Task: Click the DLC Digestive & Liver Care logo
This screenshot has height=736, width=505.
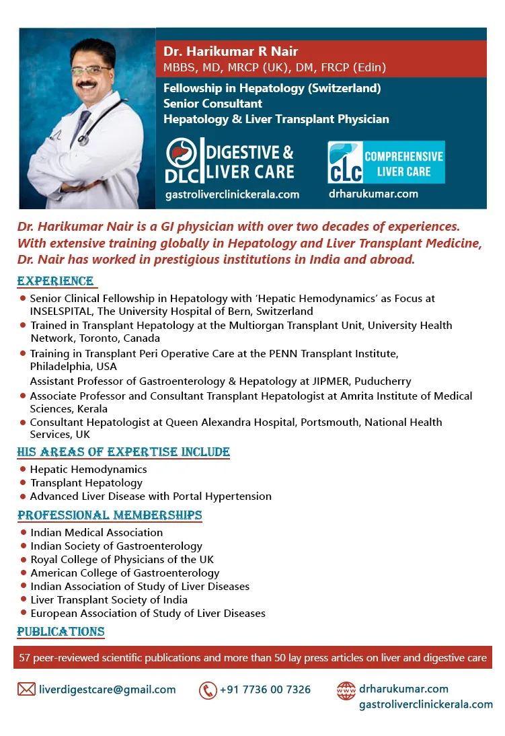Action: click(x=230, y=161)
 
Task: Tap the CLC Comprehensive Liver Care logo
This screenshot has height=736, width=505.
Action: click(x=386, y=162)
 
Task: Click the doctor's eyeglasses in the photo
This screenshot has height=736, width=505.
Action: click(x=90, y=71)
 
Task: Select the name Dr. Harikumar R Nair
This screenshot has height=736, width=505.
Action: click(x=231, y=52)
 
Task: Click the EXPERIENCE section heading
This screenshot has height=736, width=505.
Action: click(x=56, y=281)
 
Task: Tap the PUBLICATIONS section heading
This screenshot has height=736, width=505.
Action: click(x=61, y=632)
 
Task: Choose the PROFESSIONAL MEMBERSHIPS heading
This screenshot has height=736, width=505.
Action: click(x=110, y=515)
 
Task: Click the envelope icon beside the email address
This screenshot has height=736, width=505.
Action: click(x=26, y=689)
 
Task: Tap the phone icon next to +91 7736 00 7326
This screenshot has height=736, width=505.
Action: click(x=208, y=690)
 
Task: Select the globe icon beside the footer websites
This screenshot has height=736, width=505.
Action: click(x=346, y=690)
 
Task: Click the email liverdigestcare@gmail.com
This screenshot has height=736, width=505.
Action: click(x=108, y=690)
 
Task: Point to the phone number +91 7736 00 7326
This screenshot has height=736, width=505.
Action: click(x=265, y=690)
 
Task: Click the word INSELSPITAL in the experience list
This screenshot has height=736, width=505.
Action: click(x=62, y=311)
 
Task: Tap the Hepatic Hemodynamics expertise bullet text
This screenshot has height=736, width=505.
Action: click(x=88, y=469)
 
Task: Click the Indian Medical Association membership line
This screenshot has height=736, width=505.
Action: click(x=96, y=532)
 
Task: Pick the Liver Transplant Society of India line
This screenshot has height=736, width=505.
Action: click(x=109, y=599)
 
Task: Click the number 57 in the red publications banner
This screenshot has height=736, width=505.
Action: click(x=26, y=657)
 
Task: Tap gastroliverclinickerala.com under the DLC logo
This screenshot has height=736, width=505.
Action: click(x=232, y=194)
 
